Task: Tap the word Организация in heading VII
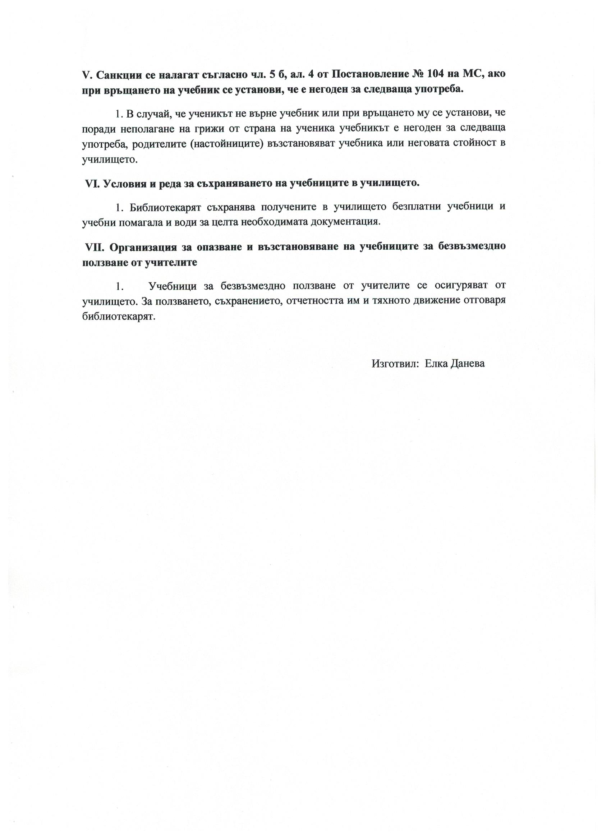pyautogui.click(x=150, y=247)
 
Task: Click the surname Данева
pyautogui.click(x=467, y=364)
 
